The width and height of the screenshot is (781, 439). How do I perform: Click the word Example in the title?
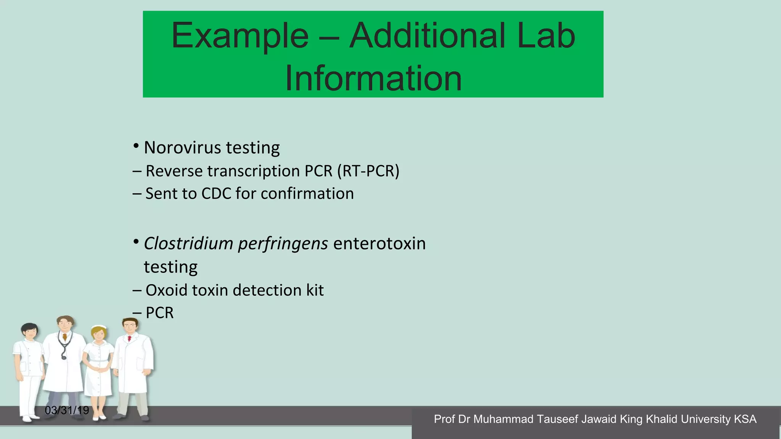pyautogui.click(x=240, y=36)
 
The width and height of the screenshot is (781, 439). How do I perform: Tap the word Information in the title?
pyautogui.click(x=373, y=79)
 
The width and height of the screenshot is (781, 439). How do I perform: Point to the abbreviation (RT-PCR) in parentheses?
pyautogui.click(x=368, y=171)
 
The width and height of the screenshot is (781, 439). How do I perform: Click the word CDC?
pyautogui.click(x=216, y=194)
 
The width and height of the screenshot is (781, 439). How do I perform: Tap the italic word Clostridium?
pyautogui.click(x=188, y=244)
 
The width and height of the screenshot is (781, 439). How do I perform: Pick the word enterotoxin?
pyautogui.click(x=379, y=244)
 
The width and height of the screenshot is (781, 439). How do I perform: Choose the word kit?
pyautogui.click(x=315, y=290)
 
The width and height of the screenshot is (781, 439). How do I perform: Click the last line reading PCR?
pyautogui.click(x=159, y=313)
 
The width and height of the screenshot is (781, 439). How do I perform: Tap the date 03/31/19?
pyautogui.click(x=67, y=410)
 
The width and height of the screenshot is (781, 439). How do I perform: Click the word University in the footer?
pyautogui.click(x=705, y=419)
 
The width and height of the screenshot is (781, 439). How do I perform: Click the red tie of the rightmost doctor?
pyautogui.click(x=130, y=338)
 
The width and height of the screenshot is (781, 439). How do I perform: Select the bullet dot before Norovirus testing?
pyautogui.click(x=136, y=146)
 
